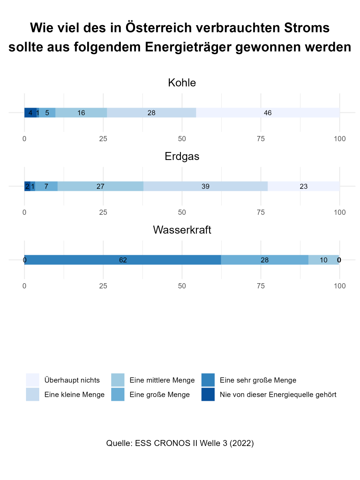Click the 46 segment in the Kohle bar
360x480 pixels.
268,113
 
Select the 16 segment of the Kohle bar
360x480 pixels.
81,113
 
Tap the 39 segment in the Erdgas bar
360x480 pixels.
206,186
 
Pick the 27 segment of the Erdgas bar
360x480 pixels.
100,186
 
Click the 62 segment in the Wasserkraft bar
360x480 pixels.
123,260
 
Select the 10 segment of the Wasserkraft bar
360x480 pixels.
324,260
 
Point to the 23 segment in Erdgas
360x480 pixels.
304,186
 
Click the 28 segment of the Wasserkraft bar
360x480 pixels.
264,260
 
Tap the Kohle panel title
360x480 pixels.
182,83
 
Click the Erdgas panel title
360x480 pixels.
182,156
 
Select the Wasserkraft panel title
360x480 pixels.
182,230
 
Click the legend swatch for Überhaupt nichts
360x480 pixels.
32,380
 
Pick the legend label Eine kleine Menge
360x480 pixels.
74,395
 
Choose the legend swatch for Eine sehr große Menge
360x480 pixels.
208,380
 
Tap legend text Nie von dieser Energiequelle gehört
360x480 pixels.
278,395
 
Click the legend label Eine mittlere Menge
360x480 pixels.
162,380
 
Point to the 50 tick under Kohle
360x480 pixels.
182,139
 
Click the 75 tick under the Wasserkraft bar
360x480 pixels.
261,286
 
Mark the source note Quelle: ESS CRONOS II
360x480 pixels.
180,443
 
